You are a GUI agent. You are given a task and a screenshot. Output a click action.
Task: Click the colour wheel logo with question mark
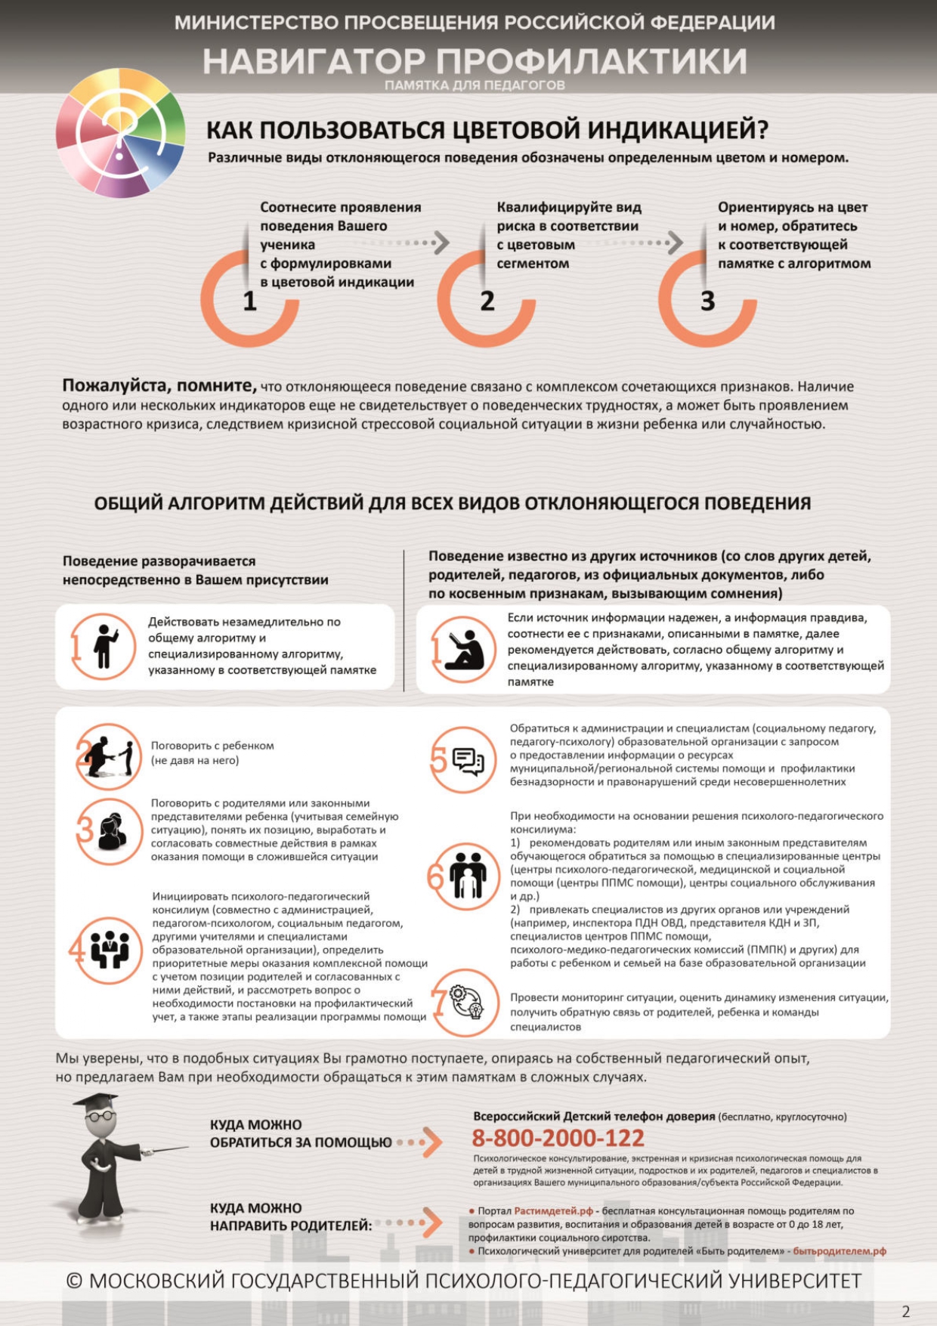pyautogui.click(x=121, y=133)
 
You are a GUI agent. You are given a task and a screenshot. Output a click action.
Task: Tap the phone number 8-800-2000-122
pyautogui.click(x=558, y=1138)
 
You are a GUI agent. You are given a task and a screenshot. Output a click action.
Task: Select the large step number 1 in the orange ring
pyautogui.click(x=250, y=301)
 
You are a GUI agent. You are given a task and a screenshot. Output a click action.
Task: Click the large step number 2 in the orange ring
pyautogui.click(x=487, y=301)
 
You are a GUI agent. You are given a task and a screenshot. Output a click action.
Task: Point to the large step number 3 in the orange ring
pyautogui.click(x=707, y=301)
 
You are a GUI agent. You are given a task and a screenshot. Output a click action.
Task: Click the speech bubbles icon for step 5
pyautogui.click(x=468, y=761)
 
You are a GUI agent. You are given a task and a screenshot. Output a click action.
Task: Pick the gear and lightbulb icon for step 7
pyautogui.click(x=468, y=1002)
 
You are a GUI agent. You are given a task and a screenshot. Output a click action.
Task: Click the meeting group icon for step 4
pyautogui.click(x=110, y=949)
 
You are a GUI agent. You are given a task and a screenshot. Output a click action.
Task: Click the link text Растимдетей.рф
pyautogui.click(x=554, y=1210)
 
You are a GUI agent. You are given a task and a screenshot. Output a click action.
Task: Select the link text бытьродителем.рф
pyautogui.click(x=839, y=1251)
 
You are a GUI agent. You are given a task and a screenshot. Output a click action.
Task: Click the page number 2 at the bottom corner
pyautogui.click(x=905, y=1312)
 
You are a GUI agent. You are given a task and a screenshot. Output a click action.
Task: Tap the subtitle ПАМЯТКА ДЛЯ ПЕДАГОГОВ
pyautogui.click(x=475, y=85)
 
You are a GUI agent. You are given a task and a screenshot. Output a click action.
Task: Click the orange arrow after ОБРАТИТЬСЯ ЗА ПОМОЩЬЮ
pyautogui.click(x=431, y=1142)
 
